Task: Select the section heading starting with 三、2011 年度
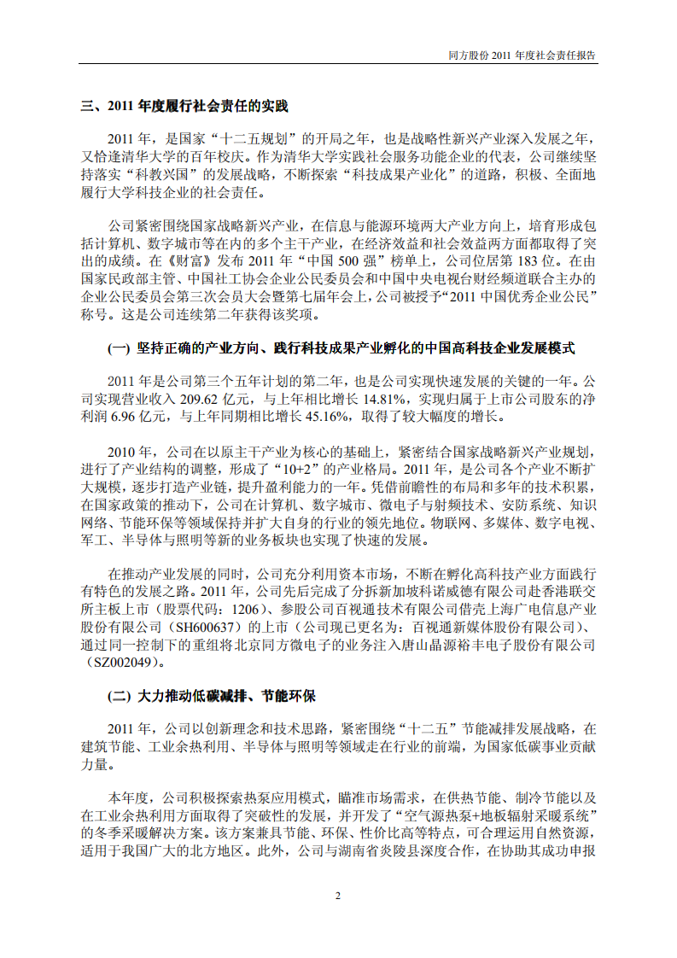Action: [x=184, y=107]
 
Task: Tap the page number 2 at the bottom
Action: [x=338, y=897]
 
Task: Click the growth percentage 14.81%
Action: [x=388, y=398]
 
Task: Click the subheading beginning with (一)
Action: [x=341, y=349]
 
